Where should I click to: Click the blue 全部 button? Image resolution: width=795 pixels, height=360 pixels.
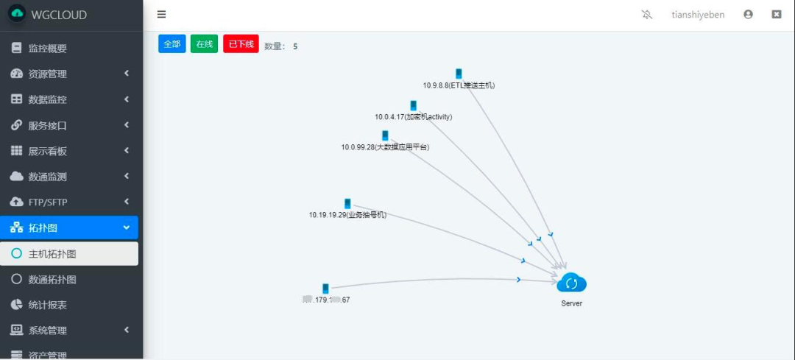pyautogui.click(x=172, y=44)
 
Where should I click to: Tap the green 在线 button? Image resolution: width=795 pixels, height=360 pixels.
pyautogui.click(x=204, y=44)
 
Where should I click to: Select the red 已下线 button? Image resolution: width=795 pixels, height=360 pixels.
pyautogui.click(x=241, y=44)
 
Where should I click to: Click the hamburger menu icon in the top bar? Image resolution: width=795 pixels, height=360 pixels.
pyautogui.click(x=161, y=14)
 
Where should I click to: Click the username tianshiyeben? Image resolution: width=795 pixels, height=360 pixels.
pyautogui.click(x=698, y=14)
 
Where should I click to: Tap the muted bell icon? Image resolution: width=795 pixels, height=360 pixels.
pyautogui.click(x=647, y=14)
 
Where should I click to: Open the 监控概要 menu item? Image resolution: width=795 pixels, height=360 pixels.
pyautogui.click(x=48, y=49)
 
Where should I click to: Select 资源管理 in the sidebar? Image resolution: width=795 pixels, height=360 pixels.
pyautogui.click(x=48, y=74)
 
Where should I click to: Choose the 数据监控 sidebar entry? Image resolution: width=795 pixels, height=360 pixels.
pyautogui.click(x=48, y=99)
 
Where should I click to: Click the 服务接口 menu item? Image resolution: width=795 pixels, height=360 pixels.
pyautogui.click(x=48, y=125)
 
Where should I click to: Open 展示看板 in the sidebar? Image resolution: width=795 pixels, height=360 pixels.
pyautogui.click(x=48, y=151)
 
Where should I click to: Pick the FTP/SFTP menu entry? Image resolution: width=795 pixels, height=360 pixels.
pyautogui.click(x=48, y=202)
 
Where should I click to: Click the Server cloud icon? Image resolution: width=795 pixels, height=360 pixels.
pyautogui.click(x=571, y=283)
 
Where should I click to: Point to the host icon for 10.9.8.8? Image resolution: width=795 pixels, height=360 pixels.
pyautogui.click(x=459, y=74)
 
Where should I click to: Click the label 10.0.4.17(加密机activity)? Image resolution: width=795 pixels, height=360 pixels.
pyautogui.click(x=413, y=116)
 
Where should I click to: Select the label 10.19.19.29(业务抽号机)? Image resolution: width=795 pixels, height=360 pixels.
pyautogui.click(x=347, y=215)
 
